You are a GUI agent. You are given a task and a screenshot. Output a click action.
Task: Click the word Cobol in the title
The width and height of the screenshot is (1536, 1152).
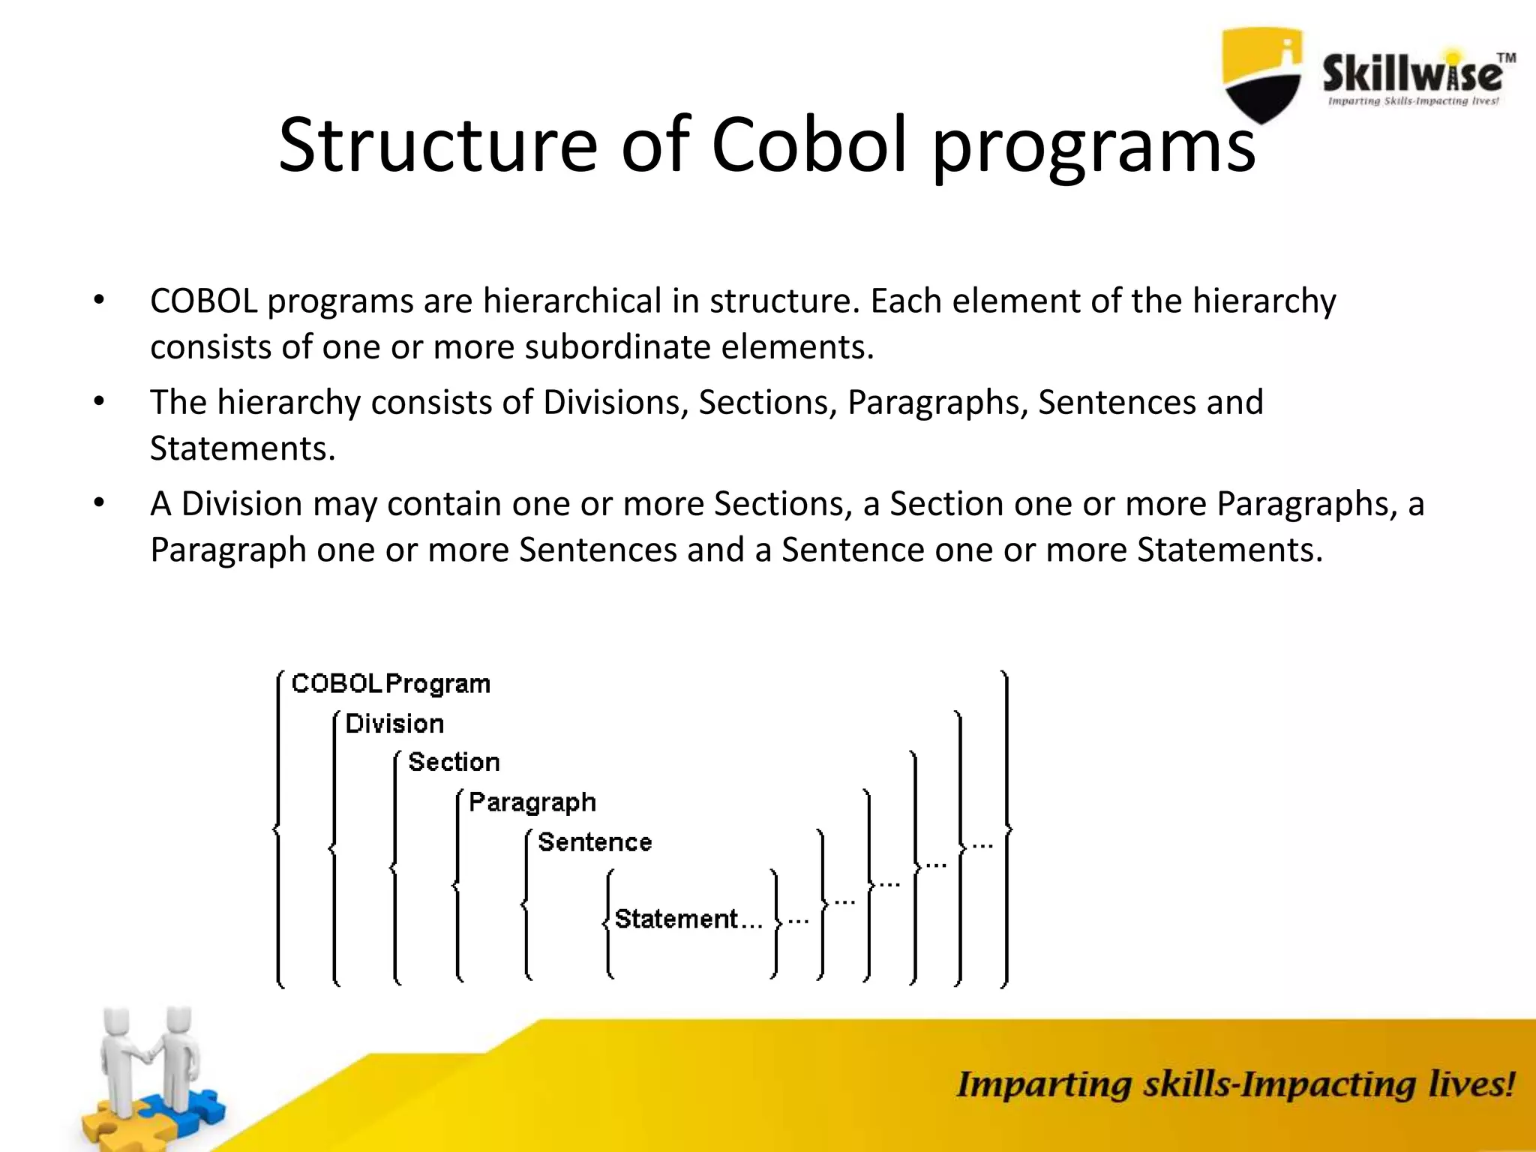[x=810, y=144]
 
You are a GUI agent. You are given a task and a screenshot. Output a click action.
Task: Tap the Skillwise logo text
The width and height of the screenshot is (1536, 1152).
[x=1412, y=76]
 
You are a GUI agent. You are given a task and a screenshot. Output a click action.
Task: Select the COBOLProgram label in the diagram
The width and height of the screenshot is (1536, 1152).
[x=391, y=684]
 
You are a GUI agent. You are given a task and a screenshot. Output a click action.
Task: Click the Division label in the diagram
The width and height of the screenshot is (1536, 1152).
[x=394, y=724]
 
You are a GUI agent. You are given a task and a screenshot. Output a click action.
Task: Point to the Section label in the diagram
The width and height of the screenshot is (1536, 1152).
[x=454, y=762]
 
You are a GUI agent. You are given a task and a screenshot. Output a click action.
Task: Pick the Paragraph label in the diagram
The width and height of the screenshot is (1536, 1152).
[x=532, y=802]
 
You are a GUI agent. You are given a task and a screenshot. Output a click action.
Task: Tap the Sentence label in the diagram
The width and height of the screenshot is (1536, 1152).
[x=595, y=842]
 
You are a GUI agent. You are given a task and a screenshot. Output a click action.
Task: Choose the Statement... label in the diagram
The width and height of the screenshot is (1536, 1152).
[x=688, y=919]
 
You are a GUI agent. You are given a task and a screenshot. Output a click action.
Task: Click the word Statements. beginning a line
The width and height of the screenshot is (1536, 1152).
[x=242, y=448]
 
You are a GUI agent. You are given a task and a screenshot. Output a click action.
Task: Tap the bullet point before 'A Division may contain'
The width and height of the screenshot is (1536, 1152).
[x=99, y=503]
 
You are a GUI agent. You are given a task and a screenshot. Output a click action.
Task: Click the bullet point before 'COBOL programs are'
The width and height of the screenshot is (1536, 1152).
[x=99, y=301]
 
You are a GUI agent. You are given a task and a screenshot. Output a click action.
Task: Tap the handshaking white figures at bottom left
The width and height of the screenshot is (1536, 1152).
[x=150, y=1057]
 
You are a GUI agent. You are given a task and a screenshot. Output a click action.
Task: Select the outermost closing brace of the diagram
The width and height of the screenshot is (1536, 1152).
[x=1006, y=829]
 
